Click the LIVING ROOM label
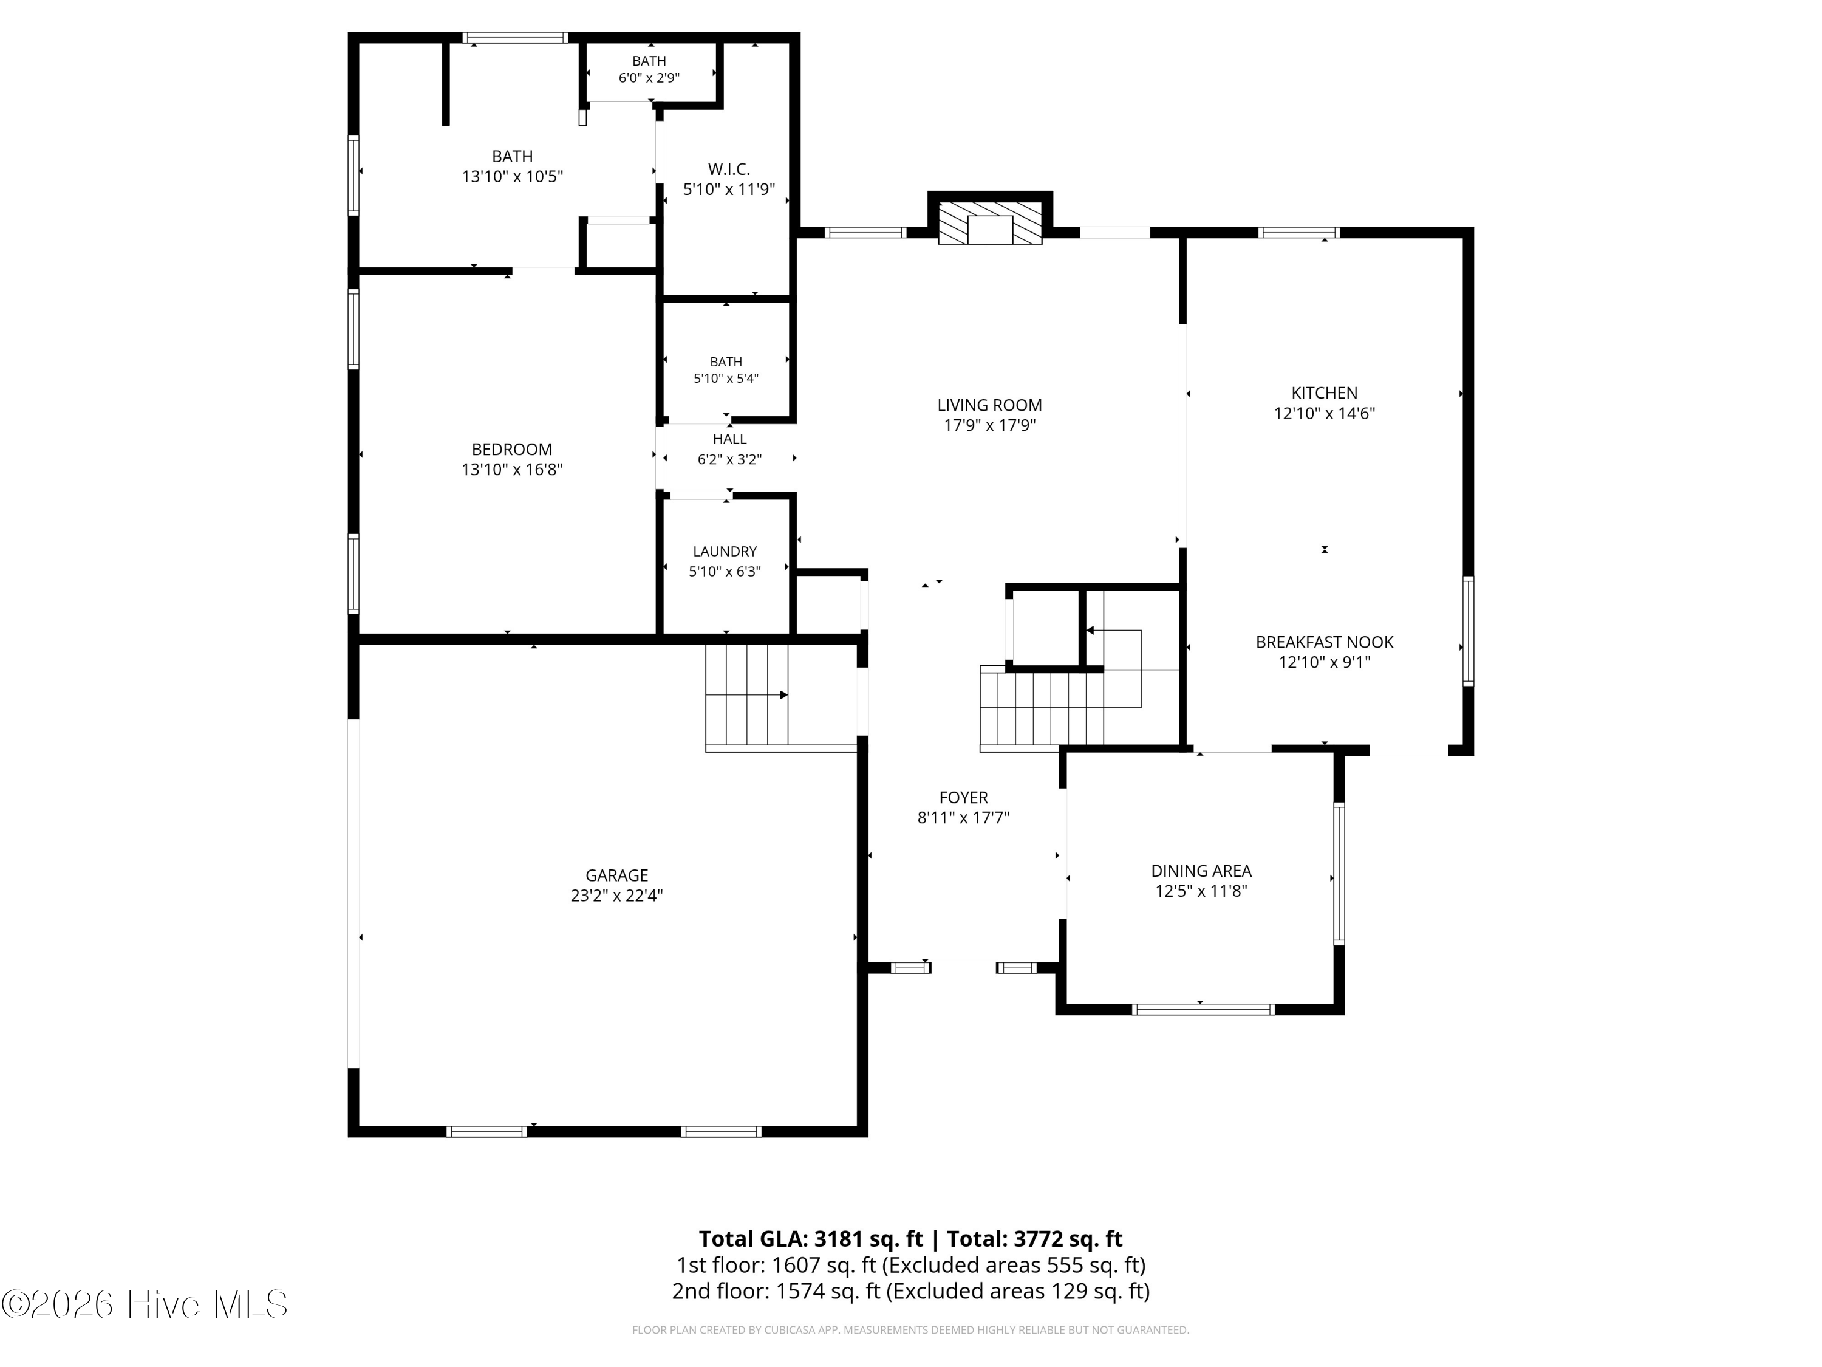989,405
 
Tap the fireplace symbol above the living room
990,222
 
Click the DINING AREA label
1201,871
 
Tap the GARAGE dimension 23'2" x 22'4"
617,896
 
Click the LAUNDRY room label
725,551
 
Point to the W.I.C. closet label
729,170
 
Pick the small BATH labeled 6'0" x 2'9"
649,69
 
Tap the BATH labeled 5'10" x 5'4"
726,370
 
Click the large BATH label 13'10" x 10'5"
513,166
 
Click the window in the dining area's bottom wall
1203,1009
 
